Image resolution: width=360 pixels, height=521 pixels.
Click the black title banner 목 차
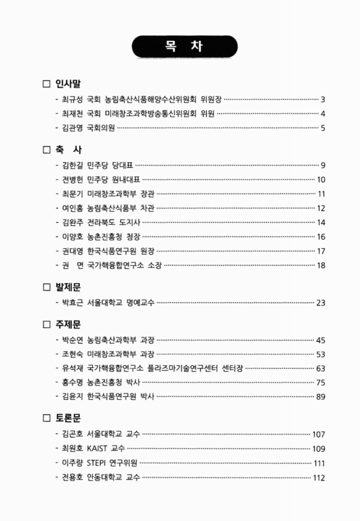pos(180,48)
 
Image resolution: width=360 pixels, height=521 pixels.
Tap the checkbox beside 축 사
pos(46,149)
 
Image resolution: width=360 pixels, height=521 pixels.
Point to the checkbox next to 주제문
pos(46,324)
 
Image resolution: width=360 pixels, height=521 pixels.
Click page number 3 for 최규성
pos(323,100)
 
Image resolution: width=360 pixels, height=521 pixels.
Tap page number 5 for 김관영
pos(323,128)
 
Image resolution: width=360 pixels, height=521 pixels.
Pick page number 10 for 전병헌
pos(321,179)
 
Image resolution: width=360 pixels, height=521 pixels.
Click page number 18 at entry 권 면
pos(321,264)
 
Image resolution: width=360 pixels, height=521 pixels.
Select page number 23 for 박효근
pos(321,302)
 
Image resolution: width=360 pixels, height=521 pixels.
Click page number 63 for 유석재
pos(321,368)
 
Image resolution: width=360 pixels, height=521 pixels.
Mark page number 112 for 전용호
pos(319,477)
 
